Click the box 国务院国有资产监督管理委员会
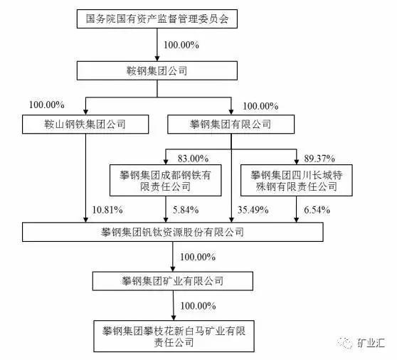click(157, 18)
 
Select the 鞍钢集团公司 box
click(157, 71)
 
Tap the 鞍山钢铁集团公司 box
click(85, 125)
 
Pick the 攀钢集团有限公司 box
click(231, 125)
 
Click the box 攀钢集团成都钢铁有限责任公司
click(166, 180)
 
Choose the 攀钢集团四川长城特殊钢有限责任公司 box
click(296, 180)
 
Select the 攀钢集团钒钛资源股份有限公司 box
click(173, 232)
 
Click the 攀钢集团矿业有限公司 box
click(173, 281)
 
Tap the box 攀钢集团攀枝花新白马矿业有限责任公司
click(174, 337)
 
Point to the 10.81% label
click(107, 210)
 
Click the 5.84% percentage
click(186, 210)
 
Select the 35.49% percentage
click(253, 210)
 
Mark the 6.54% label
click(317, 210)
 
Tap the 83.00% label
click(194, 159)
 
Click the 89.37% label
click(319, 159)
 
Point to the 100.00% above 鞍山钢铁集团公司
click(47, 105)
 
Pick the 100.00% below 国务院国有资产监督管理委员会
click(181, 45)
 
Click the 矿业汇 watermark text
click(371, 343)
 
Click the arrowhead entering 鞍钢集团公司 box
click(157, 58)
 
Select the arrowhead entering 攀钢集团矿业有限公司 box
click(173, 268)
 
